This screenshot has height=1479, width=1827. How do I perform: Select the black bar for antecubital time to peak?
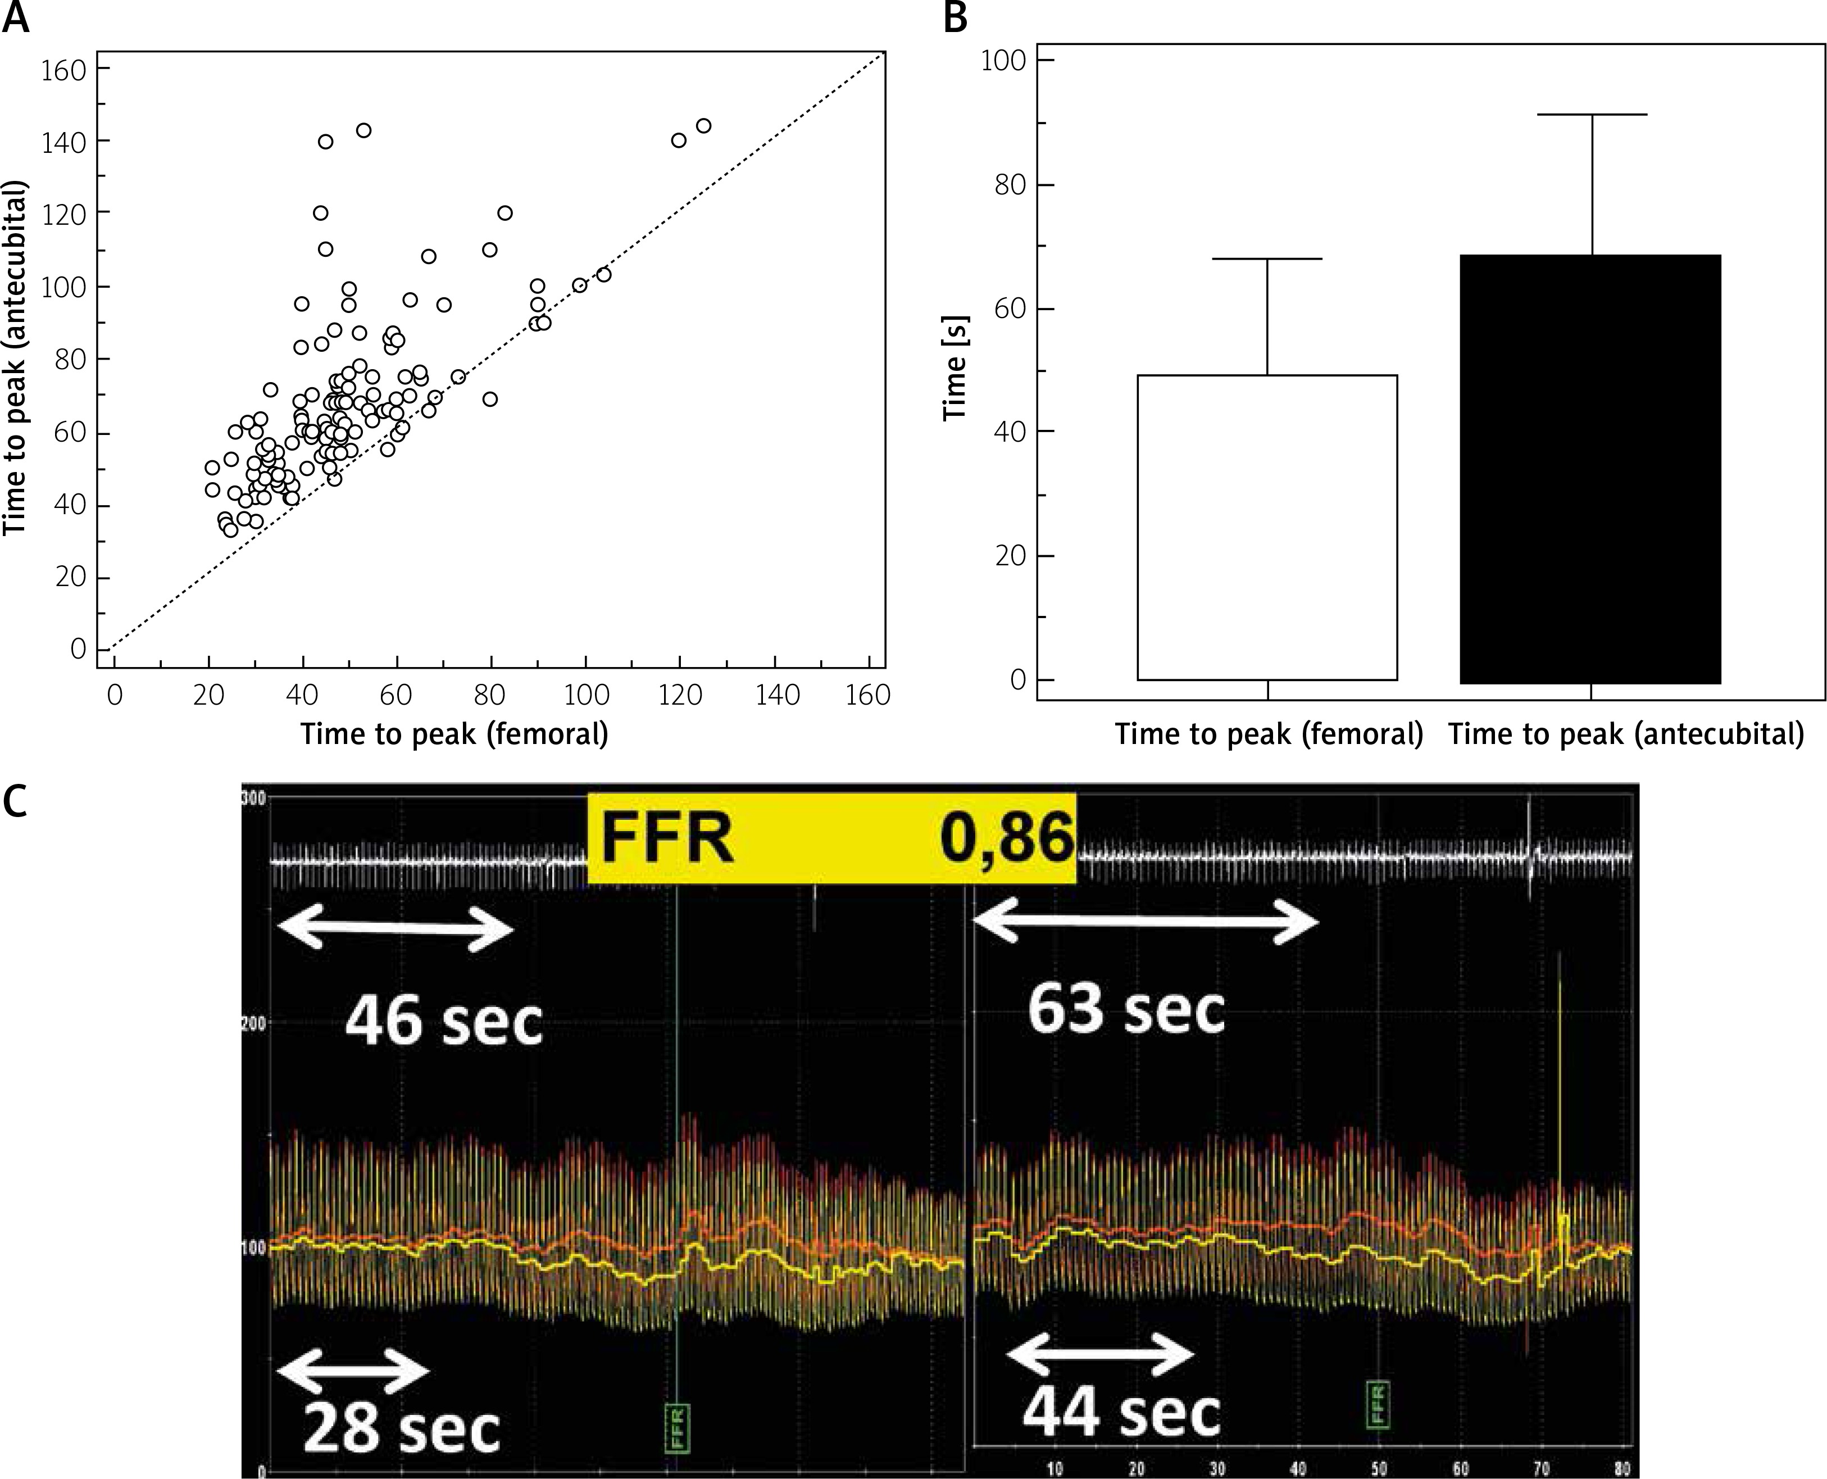pyautogui.click(x=1590, y=469)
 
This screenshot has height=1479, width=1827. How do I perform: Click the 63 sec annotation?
pyautogui.click(x=1125, y=1010)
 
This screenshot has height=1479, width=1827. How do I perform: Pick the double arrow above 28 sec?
pyautogui.click(x=353, y=1371)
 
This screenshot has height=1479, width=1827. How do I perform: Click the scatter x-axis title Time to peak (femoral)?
pyautogui.click(x=454, y=733)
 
